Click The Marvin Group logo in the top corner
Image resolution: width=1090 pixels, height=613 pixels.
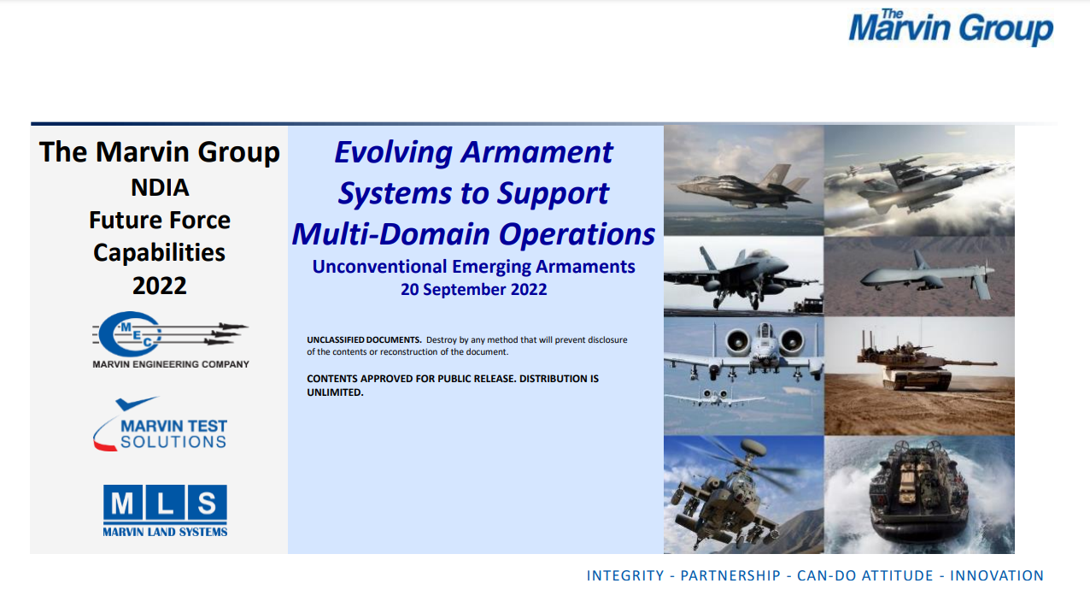point(951,27)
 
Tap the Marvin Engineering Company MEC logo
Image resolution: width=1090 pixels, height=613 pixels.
point(170,340)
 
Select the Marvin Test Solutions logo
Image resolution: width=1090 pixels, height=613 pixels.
point(160,424)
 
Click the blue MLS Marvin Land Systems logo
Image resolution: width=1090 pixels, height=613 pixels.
point(165,510)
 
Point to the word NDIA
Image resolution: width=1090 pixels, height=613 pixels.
point(160,187)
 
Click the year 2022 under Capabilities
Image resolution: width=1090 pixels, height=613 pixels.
point(160,286)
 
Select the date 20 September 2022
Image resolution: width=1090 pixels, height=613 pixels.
point(473,289)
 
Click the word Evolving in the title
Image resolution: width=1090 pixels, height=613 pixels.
point(393,153)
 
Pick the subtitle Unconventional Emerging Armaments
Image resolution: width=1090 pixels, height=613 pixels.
point(473,267)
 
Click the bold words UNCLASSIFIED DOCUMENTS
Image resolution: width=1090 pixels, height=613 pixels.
point(364,340)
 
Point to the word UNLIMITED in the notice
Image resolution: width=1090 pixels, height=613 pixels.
point(335,392)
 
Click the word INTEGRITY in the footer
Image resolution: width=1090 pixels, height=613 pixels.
point(625,575)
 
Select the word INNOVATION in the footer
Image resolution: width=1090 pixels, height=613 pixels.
point(997,575)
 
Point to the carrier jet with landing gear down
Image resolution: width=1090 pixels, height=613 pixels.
point(743,275)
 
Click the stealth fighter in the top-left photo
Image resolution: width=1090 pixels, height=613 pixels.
point(743,187)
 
